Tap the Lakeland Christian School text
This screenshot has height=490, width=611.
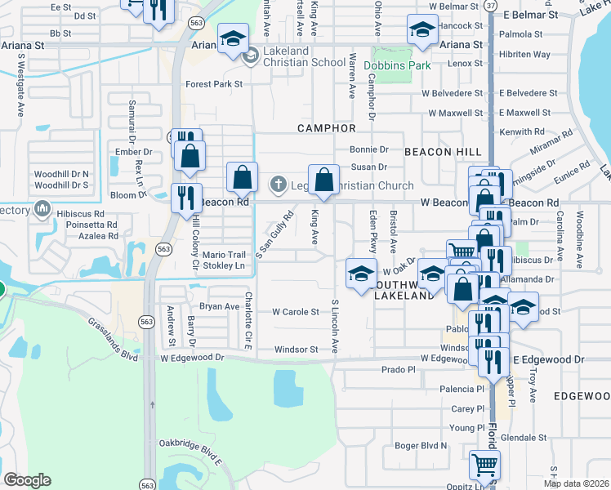(305, 62)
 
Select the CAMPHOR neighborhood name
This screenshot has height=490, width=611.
(327, 128)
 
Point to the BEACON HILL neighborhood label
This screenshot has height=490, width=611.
(438, 151)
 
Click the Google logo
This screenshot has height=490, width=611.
(27, 480)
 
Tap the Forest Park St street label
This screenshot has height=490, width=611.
(214, 83)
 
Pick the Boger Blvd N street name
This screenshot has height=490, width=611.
(421, 445)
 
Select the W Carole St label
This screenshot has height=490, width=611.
(295, 312)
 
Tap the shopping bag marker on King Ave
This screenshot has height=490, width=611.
(324, 180)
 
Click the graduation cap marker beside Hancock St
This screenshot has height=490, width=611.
(421, 30)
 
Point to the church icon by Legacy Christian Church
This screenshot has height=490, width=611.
(278, 184)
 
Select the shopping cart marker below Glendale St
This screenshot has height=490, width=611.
(484, 465)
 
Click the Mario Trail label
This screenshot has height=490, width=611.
(224, 254)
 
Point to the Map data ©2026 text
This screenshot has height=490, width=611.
(576, 483)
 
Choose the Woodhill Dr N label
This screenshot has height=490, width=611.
(61, 174)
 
